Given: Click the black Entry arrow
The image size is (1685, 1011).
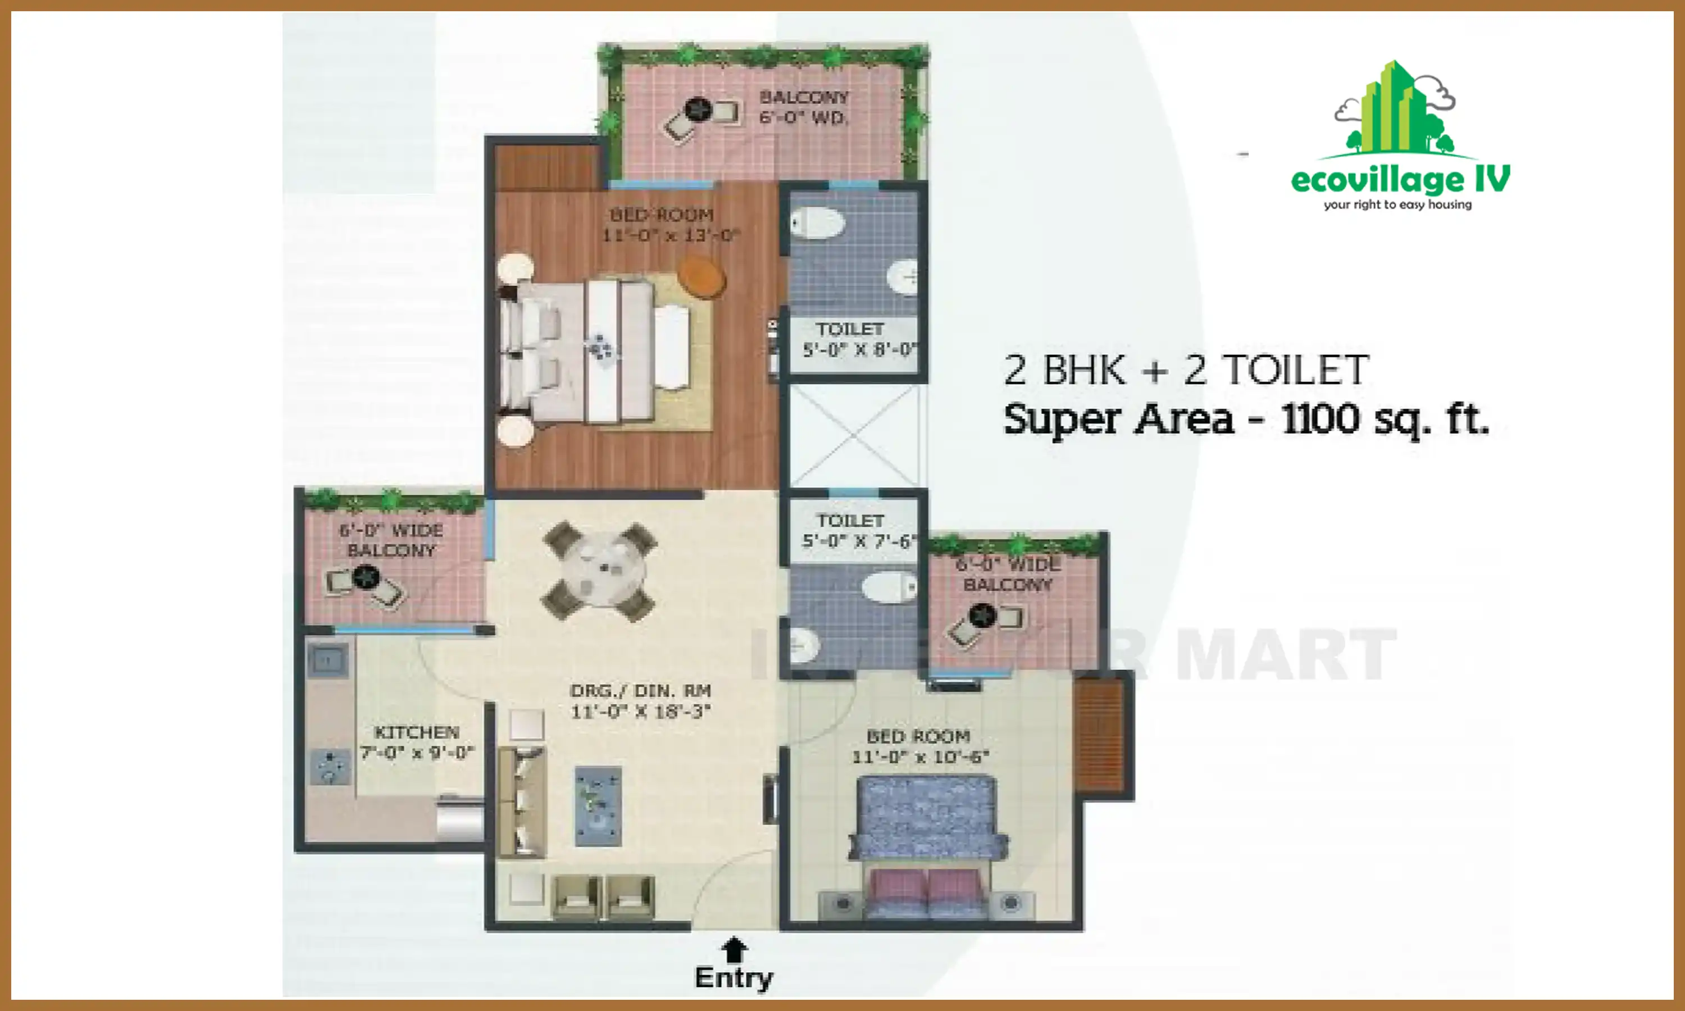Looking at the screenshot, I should click(734, 949).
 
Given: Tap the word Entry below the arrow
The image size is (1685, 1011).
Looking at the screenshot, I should click(734, 978).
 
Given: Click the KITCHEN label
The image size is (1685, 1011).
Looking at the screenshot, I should click(416, 732).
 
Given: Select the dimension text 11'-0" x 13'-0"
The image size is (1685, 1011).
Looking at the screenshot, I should click(670, 236).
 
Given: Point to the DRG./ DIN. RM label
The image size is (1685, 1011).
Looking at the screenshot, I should click(640, 691).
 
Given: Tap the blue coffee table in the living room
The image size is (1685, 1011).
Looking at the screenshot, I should click(598, 805).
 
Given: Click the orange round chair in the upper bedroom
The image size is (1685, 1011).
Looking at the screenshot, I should click(702, 276).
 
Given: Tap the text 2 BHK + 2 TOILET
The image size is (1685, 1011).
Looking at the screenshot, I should click(1186, 371).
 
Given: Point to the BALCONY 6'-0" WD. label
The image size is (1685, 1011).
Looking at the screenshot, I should click(804, 108).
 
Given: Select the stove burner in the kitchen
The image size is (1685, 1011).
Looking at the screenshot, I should click(330, 767).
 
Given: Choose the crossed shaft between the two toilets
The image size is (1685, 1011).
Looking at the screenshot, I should click(854, 436).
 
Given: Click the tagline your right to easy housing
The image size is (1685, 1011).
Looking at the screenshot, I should click(1397, 204).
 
